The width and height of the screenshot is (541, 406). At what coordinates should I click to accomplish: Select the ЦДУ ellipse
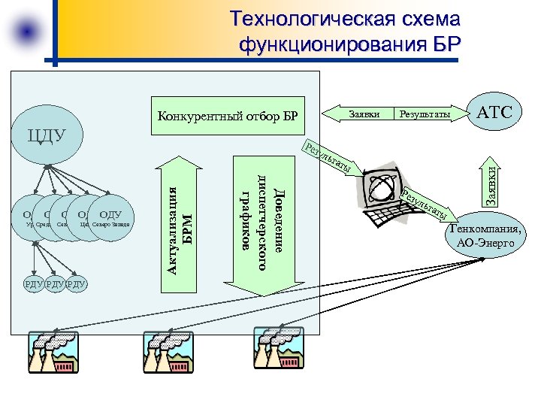coord(47,136)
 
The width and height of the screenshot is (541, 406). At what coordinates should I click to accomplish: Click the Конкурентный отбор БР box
coord(228,116)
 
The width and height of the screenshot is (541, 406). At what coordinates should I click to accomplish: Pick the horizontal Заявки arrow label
coord(364,114)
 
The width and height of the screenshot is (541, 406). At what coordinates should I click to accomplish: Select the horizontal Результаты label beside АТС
coord(425,114)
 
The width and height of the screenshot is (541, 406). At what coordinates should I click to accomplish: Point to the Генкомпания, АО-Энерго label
coord(485,235)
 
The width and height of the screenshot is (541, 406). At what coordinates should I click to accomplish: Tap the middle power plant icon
coord(167,353)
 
